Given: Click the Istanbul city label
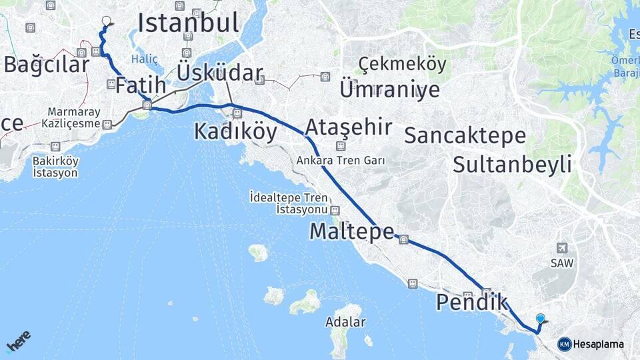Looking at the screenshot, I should (188, 23).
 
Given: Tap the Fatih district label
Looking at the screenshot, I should (140, 86).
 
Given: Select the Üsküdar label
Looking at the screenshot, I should (220, 73).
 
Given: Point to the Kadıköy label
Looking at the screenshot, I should (235, 131).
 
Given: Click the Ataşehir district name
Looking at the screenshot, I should (348, 127).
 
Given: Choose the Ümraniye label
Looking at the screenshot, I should (389, 89).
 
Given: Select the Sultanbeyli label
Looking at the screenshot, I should (512, 163).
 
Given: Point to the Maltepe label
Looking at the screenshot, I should (352, 232).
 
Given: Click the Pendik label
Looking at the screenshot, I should (471, 302).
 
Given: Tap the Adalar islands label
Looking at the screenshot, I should (345, 323).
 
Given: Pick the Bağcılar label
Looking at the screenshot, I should (46, 65).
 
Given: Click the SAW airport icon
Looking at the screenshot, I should (561, 248).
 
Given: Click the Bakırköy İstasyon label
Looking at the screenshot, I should (55, 167).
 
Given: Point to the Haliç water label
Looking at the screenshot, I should (145, 59).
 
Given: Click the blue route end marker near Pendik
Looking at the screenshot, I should (540, 319).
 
